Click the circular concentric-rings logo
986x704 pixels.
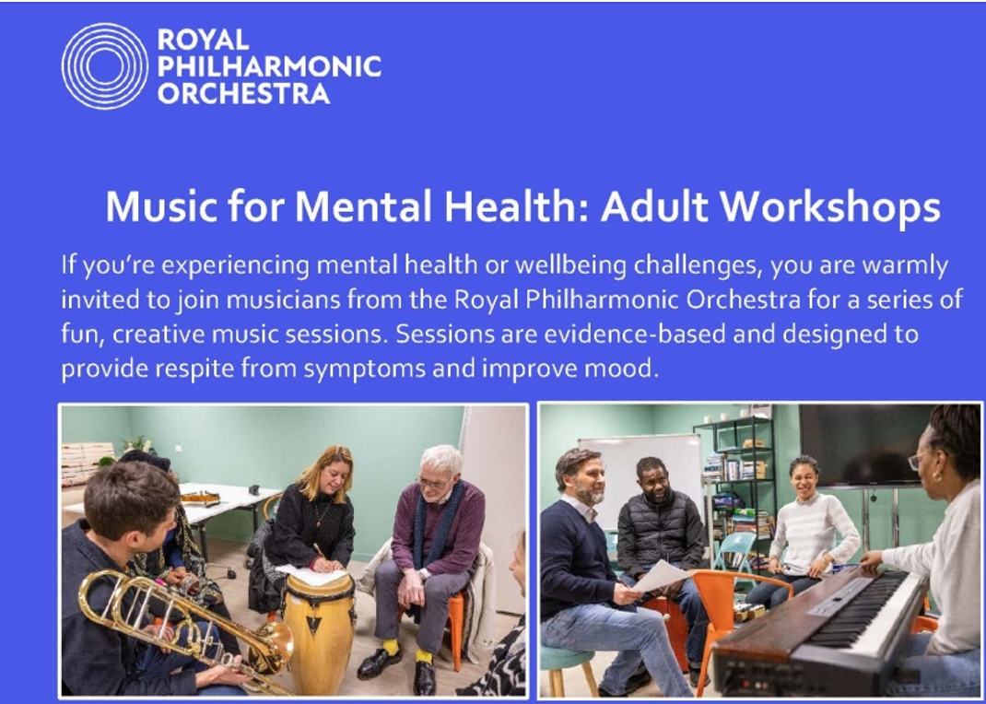click(x=105, y=66)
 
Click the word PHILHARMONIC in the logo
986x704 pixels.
click(x=269, y=66)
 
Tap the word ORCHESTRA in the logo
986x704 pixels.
click(x=243, y=94)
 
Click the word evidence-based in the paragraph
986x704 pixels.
click(x=635, y=334)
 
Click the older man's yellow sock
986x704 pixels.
click(x=391, y=646)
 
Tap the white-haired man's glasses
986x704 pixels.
click(x=432, y=483)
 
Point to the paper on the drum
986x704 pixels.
click(x=311, y=574)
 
